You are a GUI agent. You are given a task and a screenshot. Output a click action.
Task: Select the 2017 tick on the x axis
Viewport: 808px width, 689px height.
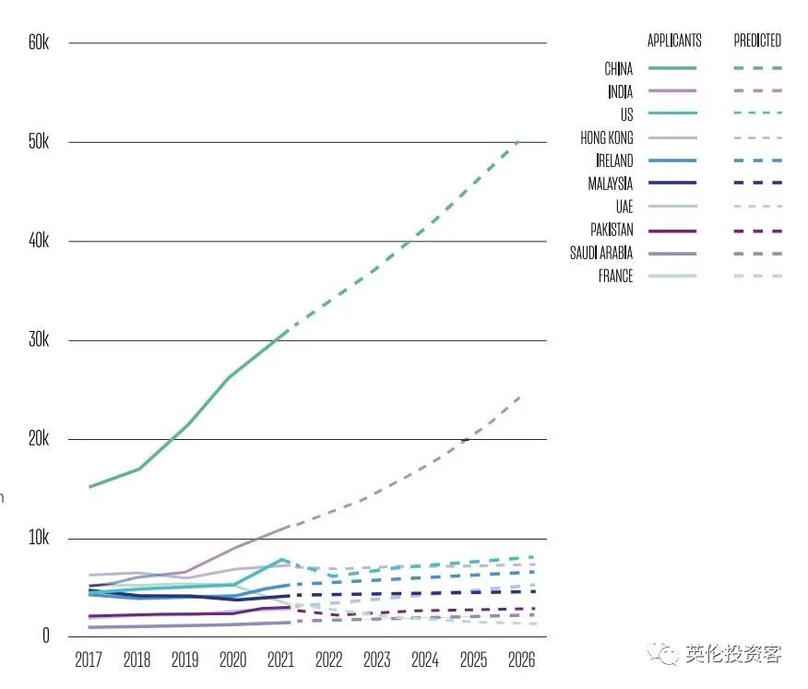(89, 660)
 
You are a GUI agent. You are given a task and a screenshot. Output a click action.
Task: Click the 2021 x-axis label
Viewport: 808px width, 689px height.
(280, 660)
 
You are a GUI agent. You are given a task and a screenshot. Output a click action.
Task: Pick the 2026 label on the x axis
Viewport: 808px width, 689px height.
(520, 660)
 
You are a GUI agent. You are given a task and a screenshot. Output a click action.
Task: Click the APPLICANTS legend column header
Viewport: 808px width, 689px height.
(674, 41)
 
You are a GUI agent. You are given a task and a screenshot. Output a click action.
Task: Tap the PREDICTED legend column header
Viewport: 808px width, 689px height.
(757, 41)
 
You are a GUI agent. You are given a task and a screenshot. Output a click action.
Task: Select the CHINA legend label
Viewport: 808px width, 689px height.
(618, 68)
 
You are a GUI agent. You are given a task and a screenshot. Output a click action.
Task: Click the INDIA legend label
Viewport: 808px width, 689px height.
(620, 91)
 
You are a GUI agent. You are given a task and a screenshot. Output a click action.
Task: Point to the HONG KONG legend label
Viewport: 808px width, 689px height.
(606, 137)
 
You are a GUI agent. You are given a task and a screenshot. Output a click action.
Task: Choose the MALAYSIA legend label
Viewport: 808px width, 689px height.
(610, 184)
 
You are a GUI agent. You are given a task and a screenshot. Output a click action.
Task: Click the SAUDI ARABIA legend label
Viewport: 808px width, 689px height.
(601, 253)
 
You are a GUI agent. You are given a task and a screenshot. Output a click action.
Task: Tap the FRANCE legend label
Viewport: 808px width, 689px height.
(615, 276)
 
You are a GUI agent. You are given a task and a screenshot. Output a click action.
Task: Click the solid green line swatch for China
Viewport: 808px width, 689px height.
(672, 67)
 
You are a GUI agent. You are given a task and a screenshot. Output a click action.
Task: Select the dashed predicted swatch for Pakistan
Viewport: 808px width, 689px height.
(757, 231)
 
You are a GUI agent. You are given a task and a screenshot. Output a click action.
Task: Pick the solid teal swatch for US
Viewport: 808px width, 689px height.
(672, 113)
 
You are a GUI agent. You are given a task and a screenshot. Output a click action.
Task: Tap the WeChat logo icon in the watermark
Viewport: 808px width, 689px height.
(663, 655)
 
